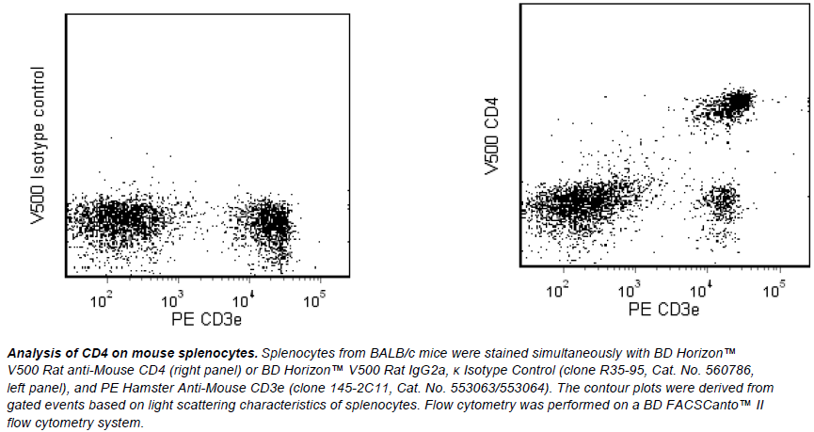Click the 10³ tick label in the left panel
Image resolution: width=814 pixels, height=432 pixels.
172,300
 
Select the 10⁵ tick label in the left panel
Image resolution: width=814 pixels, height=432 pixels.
313,300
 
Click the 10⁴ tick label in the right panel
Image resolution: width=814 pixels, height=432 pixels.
703,288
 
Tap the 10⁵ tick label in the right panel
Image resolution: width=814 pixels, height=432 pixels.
774,288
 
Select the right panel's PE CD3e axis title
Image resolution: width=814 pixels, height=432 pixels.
664,309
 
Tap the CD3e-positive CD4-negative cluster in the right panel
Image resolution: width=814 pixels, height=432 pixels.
721,200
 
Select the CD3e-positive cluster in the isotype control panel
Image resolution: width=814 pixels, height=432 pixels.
271,223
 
